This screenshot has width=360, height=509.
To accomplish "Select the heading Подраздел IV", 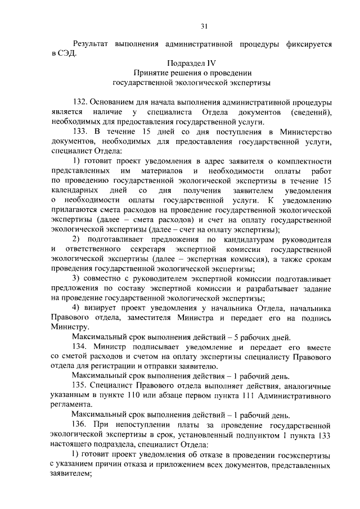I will tap(192, 63).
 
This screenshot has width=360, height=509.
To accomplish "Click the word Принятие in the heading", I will tap(150, 73).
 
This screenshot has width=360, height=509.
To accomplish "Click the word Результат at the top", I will tap(92, 44).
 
